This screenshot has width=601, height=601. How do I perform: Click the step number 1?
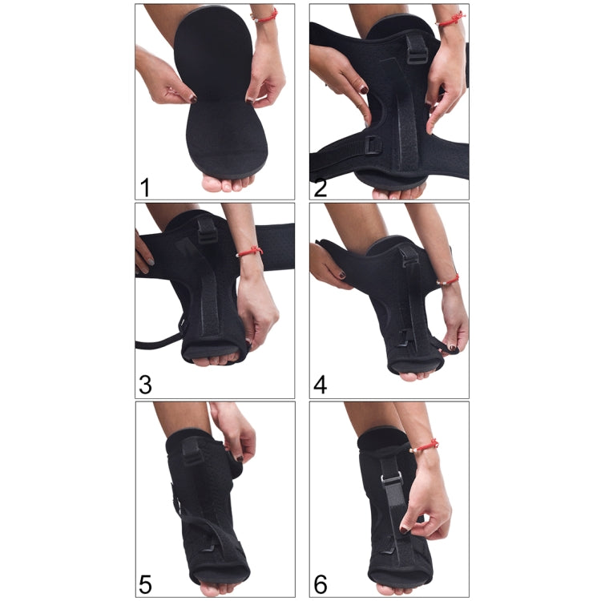(x=145, y=187)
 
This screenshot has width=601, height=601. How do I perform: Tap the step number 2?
(x=321, y=187)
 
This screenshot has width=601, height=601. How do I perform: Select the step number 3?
(x=145, y=384)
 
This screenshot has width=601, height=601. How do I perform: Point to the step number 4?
(x=321, y=384)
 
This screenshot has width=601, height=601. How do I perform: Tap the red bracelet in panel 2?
(x=450, y=18)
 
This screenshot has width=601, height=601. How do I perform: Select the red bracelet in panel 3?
(x=250, y=251)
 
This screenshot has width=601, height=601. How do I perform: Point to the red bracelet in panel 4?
(x=450, y=280)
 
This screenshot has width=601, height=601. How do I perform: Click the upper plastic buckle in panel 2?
(x=417, y=53)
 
